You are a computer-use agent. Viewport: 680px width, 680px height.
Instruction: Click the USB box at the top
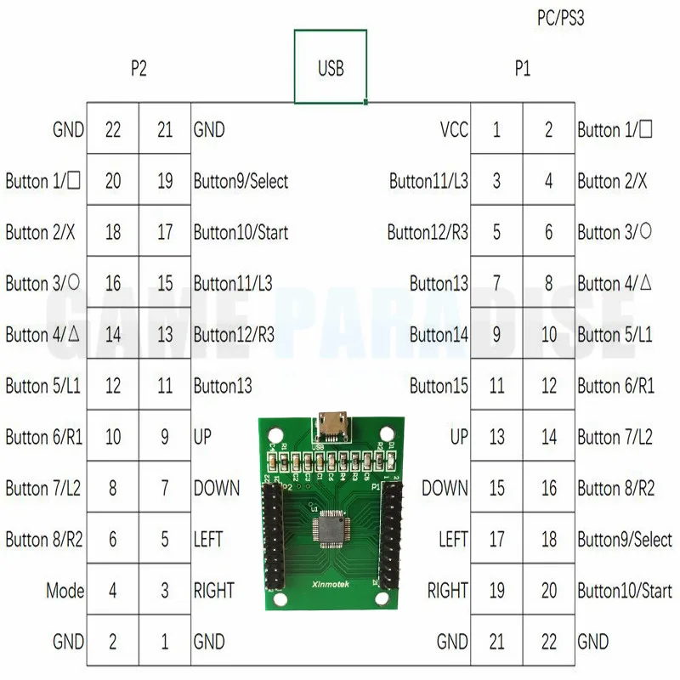pos(331,67)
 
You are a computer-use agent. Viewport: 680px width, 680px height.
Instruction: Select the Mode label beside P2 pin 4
pos(65,590)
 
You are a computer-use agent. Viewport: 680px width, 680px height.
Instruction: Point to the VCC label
pos(454,130)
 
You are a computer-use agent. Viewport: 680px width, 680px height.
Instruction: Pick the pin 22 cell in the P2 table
pos(113,130)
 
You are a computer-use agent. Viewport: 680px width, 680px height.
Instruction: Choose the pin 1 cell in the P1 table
pos(496,130)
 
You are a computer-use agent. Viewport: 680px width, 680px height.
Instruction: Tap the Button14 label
pos(439,335)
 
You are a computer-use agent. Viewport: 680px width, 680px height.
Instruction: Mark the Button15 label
pos(439,386)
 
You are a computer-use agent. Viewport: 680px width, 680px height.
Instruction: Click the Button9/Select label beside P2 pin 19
pos(241,181)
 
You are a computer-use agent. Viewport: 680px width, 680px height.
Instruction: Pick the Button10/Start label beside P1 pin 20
pos(624,591)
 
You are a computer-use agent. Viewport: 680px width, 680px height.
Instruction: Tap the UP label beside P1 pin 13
pos(459,437)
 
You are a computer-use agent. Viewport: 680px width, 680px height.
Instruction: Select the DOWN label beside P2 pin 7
pos(217,489)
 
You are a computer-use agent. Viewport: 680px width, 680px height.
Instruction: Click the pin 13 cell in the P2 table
pos(165,335)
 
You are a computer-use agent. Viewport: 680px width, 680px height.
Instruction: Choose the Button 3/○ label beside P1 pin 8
pos(615,232)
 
